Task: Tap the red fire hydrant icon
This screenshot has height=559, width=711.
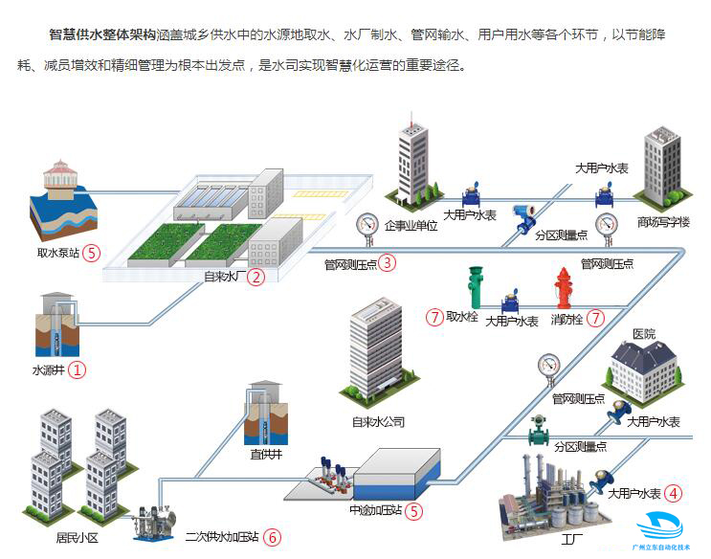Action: pos(565,287)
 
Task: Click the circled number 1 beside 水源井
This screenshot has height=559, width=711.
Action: pos(78,369)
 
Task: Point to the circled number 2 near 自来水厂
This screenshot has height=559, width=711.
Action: pos(255,278)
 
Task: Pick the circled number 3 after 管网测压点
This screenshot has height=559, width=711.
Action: pos(387,262)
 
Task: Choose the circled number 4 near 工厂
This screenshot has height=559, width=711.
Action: pos(674,494)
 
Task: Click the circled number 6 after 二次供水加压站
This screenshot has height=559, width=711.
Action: pos(273,537)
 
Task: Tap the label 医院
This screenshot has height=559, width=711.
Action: pos(644,334)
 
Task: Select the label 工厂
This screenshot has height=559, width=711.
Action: pos(572,538)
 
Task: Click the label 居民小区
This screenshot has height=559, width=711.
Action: pos(78,538)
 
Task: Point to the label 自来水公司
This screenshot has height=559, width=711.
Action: pos(379,421)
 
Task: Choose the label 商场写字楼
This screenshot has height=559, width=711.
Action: pos(663,222)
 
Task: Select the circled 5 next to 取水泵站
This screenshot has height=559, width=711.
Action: pos(91,253)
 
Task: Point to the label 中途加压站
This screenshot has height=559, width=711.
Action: pos(375,510)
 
